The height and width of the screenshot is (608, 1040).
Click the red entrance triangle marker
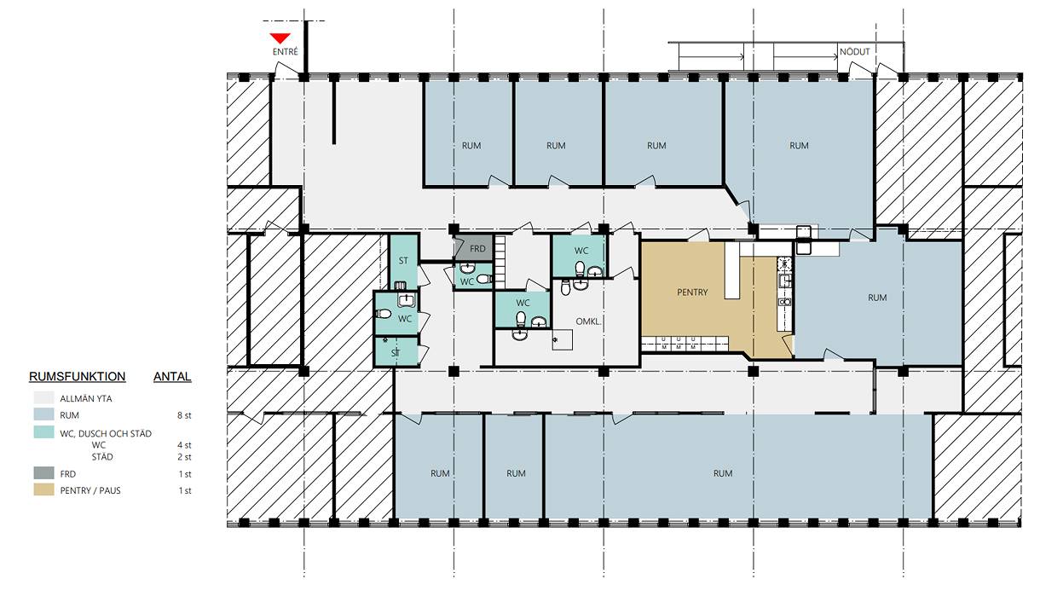[280, 38]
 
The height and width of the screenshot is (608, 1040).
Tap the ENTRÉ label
[285, 52]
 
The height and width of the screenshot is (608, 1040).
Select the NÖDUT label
[854, 52]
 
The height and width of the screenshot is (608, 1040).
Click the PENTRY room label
[692, 292]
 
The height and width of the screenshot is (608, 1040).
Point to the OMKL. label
[588, 321]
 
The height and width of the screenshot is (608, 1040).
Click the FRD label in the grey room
[477, 249]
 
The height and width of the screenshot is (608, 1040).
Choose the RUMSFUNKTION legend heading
[77, 376]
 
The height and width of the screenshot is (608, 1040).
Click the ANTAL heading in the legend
[172, 376]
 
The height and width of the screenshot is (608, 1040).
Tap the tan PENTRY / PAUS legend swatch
[43, 489]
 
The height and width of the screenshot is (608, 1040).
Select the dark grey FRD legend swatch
[43, 473]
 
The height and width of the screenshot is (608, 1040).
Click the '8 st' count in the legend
[184, 415]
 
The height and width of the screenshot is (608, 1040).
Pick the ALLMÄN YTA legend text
[86, 398]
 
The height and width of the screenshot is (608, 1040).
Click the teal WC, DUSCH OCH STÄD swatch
[43, 432]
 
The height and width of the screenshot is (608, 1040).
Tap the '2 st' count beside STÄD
[184, 457]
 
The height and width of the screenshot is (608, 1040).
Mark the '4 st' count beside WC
[184, 445]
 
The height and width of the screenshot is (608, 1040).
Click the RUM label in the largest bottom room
[723, 473]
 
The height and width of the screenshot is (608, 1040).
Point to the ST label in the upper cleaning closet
[403, 261]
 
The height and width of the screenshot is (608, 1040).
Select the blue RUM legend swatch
[43, 414]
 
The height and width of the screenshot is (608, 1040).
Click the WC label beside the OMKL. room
[523, 303]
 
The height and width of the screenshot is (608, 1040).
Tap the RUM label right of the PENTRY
[877, 298]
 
